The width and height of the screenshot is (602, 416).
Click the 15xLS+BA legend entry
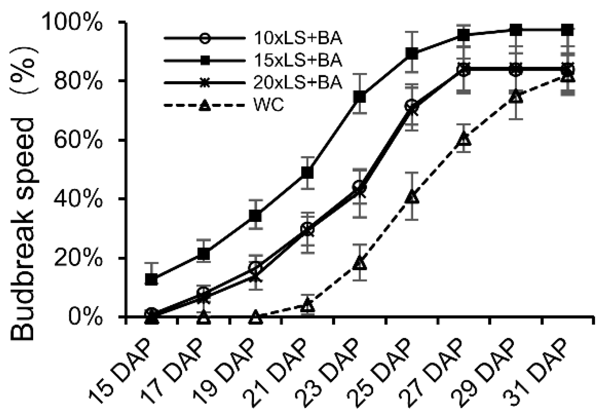[297, 60]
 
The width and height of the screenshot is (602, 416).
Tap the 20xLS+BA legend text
[297, 83]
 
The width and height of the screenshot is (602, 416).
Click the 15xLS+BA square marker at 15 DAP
[152, 279]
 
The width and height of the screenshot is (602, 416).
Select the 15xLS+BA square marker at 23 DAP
[360, 97]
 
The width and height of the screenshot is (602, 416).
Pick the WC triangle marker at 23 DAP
[360, 264]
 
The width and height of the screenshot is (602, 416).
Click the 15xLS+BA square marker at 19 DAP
[256, 216]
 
